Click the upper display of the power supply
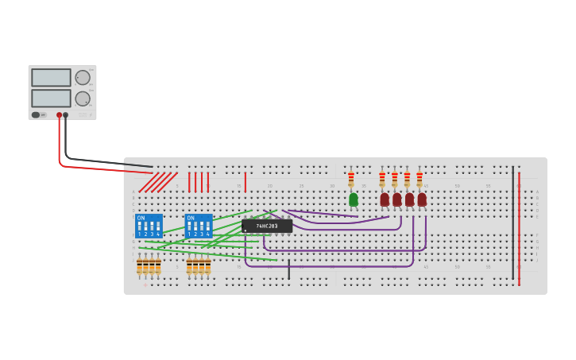tap(51, 77)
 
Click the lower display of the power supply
tap(51, 99)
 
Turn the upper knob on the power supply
tap(83, 77)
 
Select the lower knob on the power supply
tap(83, 99)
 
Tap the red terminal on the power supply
tap(59, 115)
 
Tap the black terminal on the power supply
tap(66, 115)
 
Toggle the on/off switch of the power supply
tap(37, 115)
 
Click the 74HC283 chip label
tap(267, 226)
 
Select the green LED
tap(354, 199)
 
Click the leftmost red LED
tap(385, 199)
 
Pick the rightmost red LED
tap(422, 199)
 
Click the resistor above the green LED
tap(350, 179)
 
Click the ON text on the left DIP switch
tap(141, 218)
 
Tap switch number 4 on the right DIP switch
tap(207, 226)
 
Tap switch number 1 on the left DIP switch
tap(139, 226)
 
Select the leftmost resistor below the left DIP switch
tap(139, 266)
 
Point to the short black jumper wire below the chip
tap(288, 269)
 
